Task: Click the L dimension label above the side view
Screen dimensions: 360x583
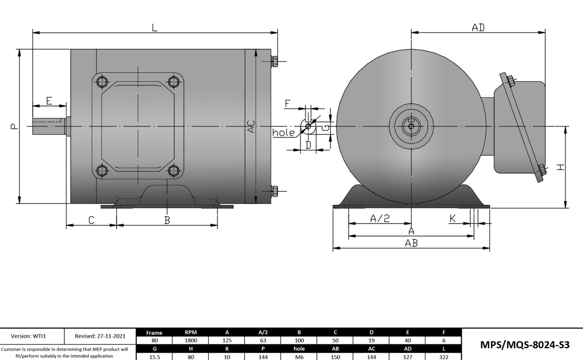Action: coord(154,28)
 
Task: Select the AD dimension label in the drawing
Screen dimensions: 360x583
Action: coord(478,28)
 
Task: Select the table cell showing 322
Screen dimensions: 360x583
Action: coord(444,356)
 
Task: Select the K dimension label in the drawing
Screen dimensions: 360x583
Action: coord(452,218)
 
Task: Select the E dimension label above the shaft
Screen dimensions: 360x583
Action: coord(49,100)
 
